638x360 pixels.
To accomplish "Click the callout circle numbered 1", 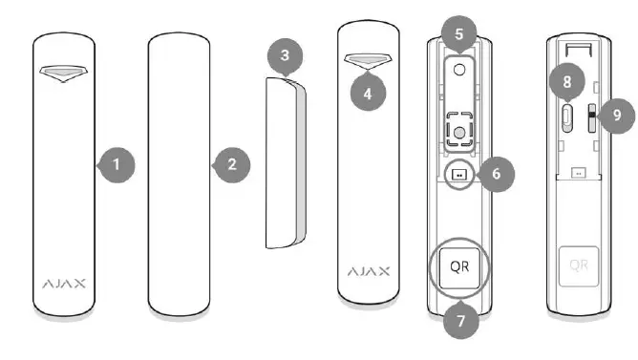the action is click(x=117, y=164).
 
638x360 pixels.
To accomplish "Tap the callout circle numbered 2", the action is click(x=230, y=164).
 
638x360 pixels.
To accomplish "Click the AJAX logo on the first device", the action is click(x=65, y=284).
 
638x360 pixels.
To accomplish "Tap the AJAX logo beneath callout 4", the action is click(x=368, y=272).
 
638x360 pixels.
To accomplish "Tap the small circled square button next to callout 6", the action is click(x=459, y=175).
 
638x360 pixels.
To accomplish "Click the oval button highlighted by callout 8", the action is click(x=567, y=117).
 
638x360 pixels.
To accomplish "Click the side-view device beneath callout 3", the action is click(x=285, y=162).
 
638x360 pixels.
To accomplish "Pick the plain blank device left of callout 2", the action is click(x=179, y=172).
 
